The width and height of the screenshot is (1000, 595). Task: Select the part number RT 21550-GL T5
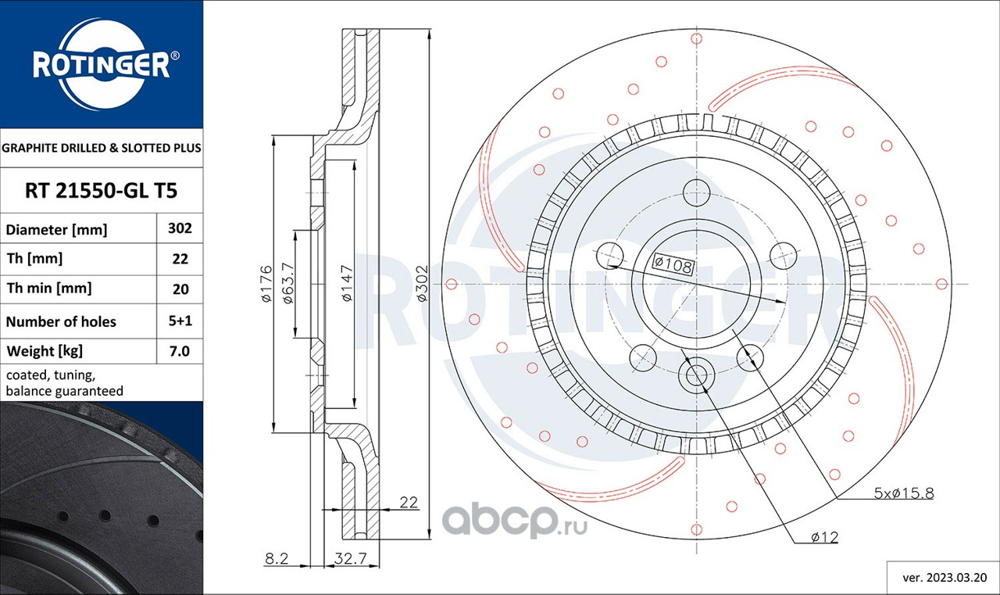click(x=102, y=191)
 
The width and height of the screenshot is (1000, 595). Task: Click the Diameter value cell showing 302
click(x=180, y=228)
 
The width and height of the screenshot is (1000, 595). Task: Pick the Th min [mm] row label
click(x=48, y=289)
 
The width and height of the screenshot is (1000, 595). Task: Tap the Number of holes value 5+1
click(x=180, y=321)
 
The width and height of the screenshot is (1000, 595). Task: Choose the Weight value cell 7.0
click(x=180, y=351)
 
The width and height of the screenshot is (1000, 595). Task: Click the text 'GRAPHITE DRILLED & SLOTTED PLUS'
click(x=102, y=148)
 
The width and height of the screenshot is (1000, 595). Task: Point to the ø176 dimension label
click(x=266, y=284)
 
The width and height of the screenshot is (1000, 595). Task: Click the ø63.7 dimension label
click(x=288, y=283)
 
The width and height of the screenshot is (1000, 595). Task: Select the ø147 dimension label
click(x=348, y=283)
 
